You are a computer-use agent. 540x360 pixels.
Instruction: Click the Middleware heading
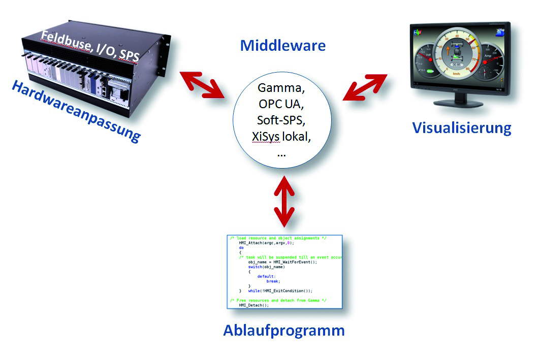point(282,46)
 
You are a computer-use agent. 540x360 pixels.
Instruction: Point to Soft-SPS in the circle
point(281,121)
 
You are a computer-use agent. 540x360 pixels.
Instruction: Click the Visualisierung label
point(461,127)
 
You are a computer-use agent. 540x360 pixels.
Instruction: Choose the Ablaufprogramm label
point(284,331)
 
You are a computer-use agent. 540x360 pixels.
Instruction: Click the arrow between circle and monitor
point(365,87)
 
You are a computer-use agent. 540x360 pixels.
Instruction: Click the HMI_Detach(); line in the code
point(255,305)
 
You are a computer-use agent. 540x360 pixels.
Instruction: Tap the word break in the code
point(273,281)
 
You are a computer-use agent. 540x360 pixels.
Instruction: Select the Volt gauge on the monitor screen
point(427,60)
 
